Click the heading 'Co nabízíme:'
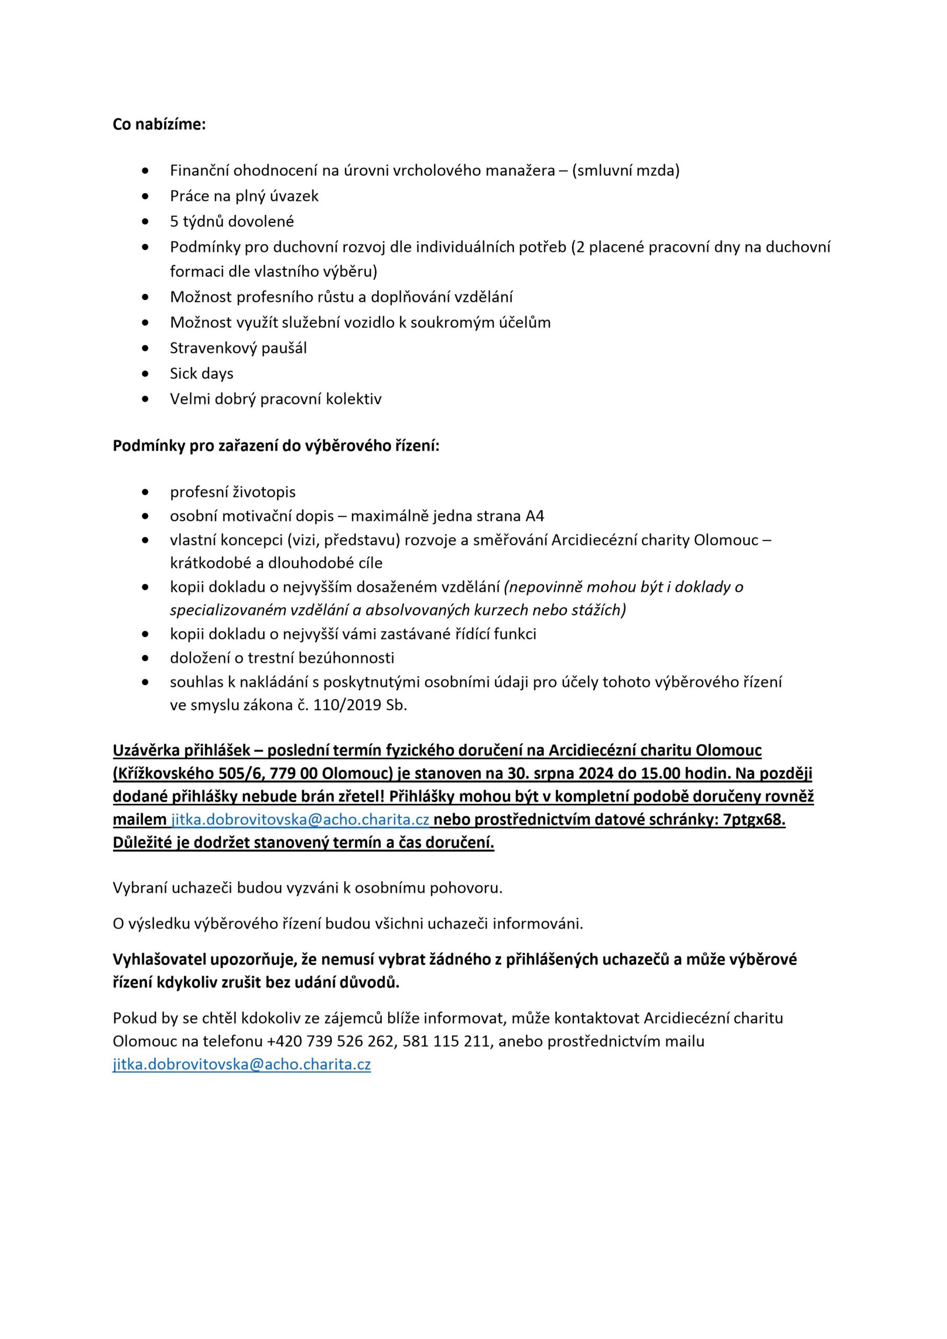(159, 125)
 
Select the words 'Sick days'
(201, 374)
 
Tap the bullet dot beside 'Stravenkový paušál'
(145, 348)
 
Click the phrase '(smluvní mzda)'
(626, 171)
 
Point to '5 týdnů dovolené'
(232, 222)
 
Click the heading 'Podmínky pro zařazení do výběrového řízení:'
(275, 446)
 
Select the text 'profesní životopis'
(233, 492)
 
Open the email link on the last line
(242, 1064)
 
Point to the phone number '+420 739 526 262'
(330, 1041)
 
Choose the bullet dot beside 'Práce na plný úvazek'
(145, 197)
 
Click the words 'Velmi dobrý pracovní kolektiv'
(275, 400)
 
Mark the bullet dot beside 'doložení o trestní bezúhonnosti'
(145, 659)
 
